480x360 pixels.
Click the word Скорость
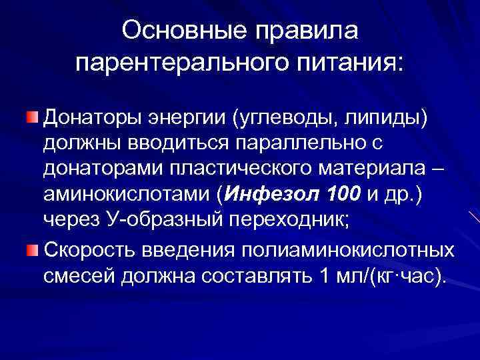tap(89, 249)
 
